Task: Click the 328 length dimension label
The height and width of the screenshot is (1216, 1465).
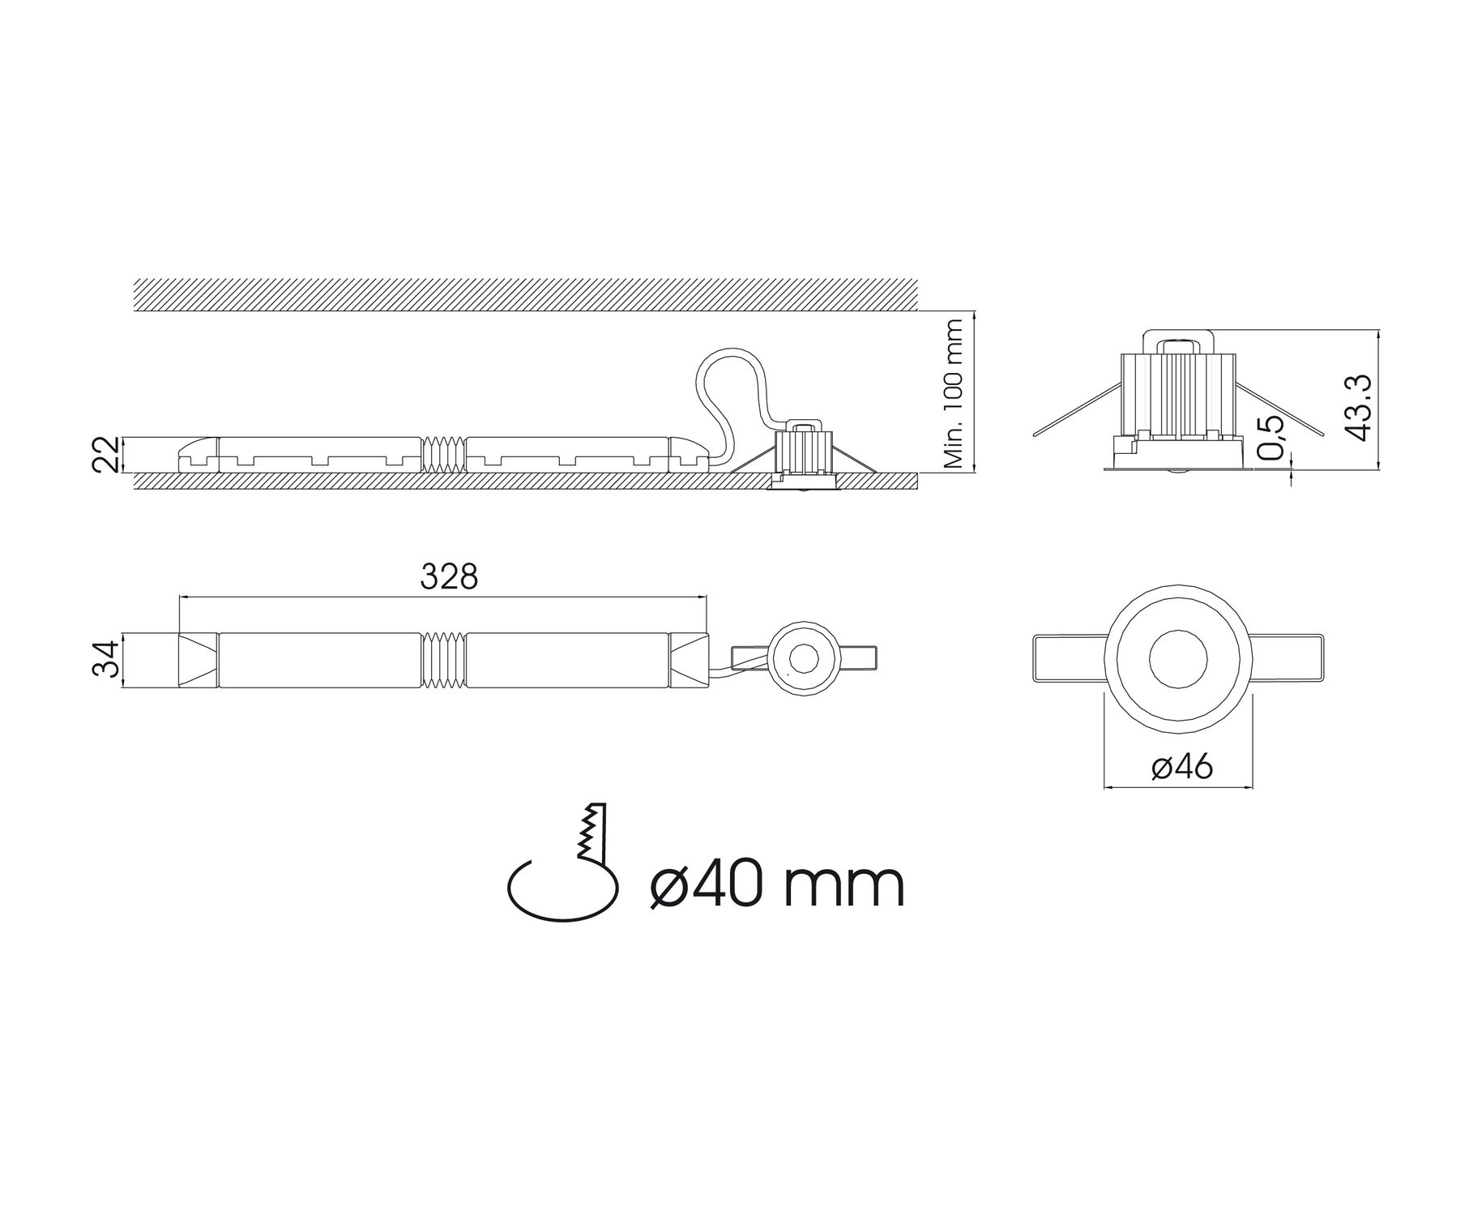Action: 450,577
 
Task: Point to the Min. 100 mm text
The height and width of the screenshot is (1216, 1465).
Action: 954,394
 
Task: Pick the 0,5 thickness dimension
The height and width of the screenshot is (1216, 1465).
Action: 1273,438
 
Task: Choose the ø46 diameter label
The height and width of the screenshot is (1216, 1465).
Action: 1181,767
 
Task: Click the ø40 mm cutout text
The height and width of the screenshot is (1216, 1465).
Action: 776,885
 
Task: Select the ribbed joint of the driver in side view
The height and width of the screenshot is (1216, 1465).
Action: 444,454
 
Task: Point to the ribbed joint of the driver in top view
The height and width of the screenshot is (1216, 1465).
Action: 444,660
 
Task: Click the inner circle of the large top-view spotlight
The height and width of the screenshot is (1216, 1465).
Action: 1178,658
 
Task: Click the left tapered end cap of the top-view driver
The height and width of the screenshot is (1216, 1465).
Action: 198,660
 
